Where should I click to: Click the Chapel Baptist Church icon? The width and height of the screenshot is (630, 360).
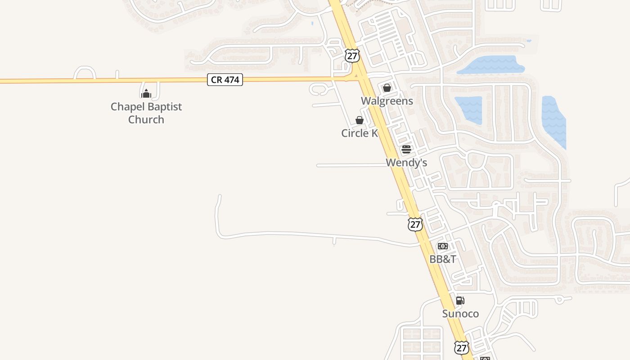tap(146, 94)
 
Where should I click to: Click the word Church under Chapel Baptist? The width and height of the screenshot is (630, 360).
tap(146, 119)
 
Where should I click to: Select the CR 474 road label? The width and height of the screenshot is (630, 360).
tap(225, 80)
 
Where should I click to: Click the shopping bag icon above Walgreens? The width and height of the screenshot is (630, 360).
tap(387, 88)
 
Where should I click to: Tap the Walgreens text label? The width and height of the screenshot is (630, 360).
tap(387, 101)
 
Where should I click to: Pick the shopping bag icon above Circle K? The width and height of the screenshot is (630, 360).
tap(359, 120)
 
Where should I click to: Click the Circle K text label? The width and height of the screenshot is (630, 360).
tap(359, 133)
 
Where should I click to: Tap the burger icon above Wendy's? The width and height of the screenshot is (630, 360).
tap(406, 149)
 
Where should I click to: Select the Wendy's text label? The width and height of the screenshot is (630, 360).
tap(406, 162)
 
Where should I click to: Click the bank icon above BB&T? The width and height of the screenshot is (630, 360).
tap(442, 246)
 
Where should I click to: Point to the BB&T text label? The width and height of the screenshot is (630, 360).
tap(442, 259)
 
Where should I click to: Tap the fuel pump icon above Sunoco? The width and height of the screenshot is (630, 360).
tap(460, 301)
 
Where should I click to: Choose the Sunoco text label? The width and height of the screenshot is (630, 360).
tap(460, 314)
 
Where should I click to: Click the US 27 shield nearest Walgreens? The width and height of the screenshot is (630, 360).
tap(352, 56)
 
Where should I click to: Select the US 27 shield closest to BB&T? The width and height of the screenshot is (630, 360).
tap(415, 224)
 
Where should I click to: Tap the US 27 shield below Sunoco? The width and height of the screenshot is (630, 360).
tap(461, 347)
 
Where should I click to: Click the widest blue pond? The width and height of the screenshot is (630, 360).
tap(491, 65)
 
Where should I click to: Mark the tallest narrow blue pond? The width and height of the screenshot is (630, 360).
tap(553, 121)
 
